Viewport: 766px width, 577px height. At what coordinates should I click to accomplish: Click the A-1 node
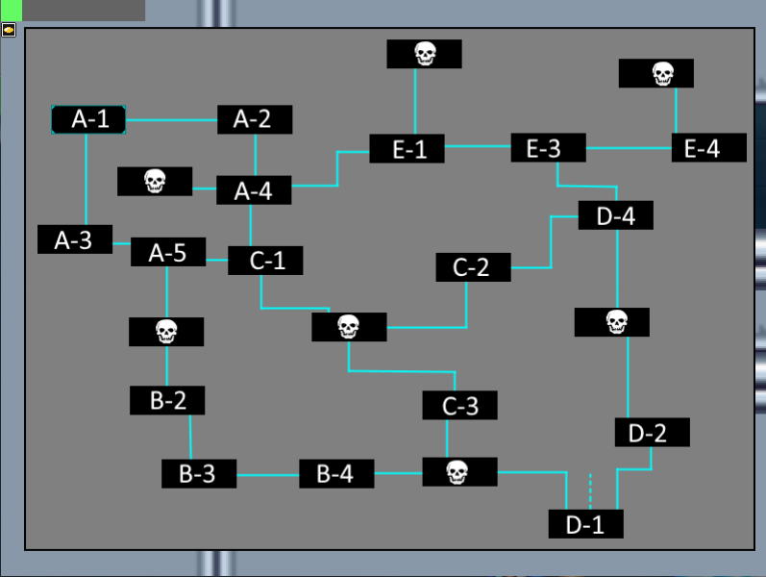[x=88, y=119]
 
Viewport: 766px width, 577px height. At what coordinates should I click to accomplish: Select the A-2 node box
[x=255, y=119]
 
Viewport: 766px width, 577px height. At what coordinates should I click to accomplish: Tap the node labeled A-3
[x=75, y=239]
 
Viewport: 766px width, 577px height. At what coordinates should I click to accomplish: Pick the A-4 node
[x=254, y=190]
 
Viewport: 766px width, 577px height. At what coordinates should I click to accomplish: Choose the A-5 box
[x=167, y=253]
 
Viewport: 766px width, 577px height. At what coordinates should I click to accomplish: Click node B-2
[x=167, y=400]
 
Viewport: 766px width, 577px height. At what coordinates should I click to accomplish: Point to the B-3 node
[x=200, y=474]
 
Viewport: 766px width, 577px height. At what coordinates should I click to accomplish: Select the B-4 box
[x=336, y=474]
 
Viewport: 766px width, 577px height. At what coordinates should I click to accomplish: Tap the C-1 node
[x=265, y=261]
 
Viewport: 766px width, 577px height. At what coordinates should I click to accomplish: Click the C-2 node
[x=473, y=266]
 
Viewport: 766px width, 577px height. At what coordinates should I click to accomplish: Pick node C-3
[x=460, y=406]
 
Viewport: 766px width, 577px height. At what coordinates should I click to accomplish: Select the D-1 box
[x=586, y=524]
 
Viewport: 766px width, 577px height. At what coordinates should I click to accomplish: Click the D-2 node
[x=653, y=433]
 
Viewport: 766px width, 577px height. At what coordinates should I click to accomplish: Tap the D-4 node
[x=616, y=215]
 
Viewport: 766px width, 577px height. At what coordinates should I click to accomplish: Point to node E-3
[x=548, y=148]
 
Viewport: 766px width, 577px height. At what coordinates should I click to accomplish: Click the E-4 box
[x=709, y=148]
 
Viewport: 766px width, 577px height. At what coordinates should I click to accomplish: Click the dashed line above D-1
[x=590, y=489]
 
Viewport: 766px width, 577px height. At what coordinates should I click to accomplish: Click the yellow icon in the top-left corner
[x=9, y=30]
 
